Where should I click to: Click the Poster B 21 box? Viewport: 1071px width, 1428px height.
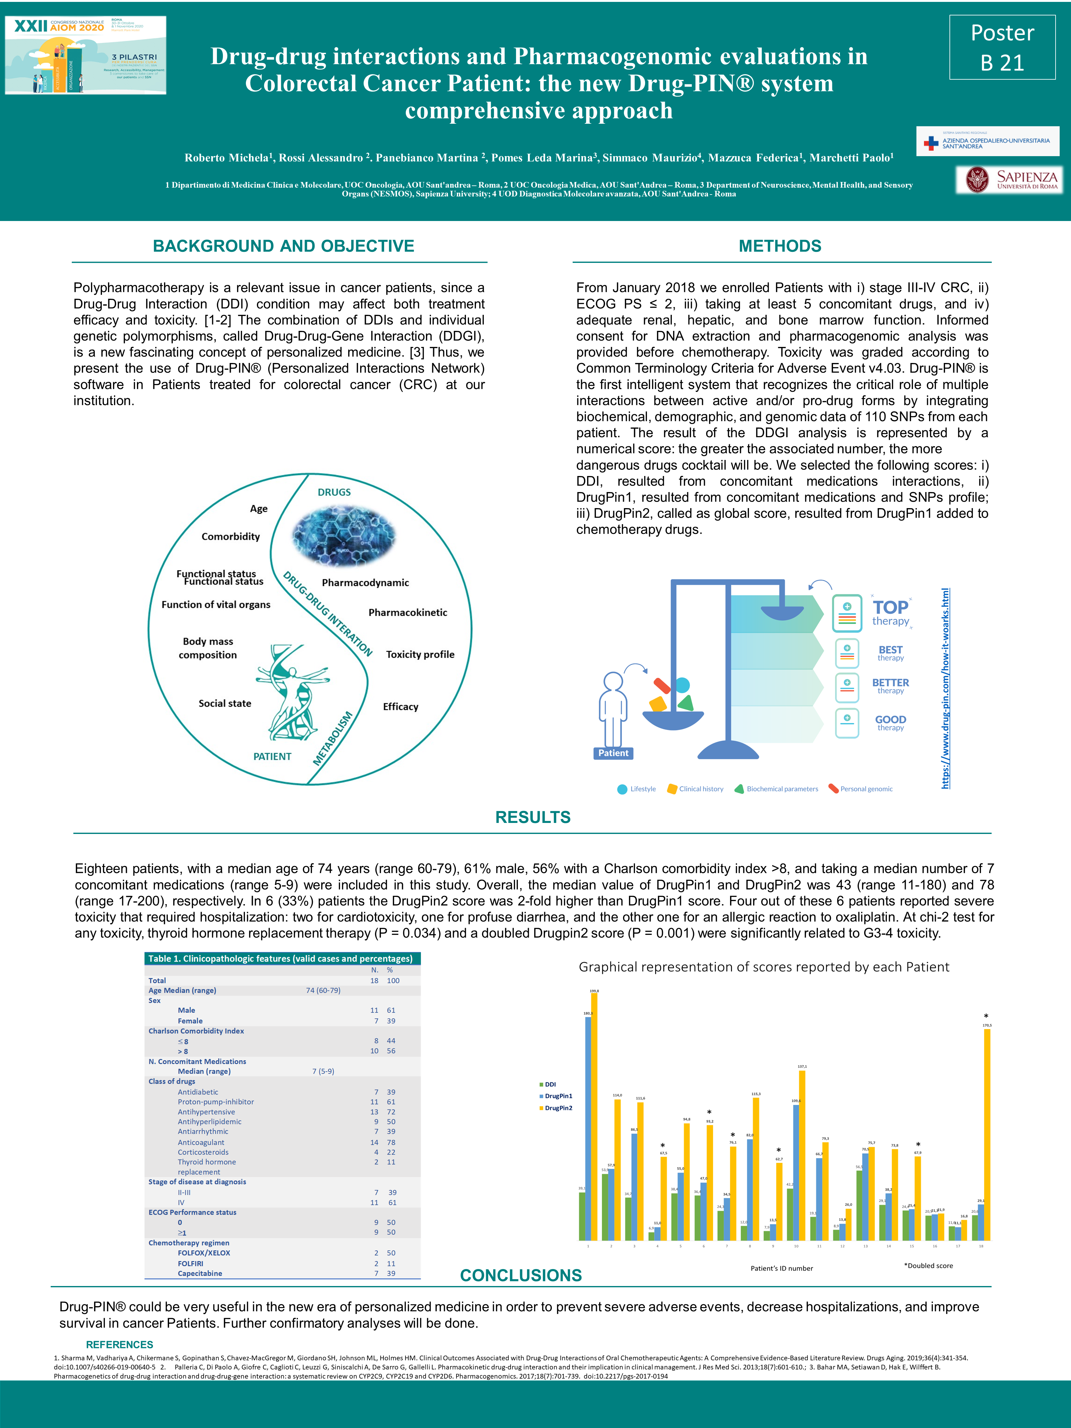click(1002, 47)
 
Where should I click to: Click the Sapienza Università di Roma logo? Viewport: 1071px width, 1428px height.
click(1009, 179)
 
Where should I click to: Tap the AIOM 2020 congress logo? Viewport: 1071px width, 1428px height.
click(85, 55)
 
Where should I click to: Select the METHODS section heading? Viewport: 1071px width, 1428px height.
click(780, 246)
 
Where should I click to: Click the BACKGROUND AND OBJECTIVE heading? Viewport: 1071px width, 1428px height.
click(283, 246)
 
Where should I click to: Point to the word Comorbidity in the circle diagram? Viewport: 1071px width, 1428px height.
click(230, 536)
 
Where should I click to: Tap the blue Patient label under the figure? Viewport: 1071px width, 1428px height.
click(613, 753)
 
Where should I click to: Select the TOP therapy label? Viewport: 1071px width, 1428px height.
click(890, 612)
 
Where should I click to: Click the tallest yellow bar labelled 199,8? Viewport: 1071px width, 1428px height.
click(594, 1117)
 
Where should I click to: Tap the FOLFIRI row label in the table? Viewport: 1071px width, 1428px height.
click(190, 1263)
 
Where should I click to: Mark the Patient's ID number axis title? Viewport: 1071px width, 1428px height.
click(781, 1268)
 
